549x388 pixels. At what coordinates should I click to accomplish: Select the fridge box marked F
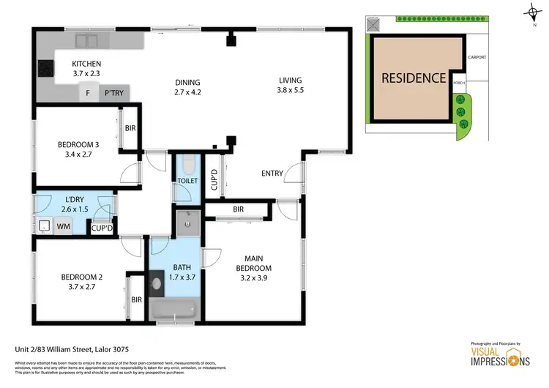88,93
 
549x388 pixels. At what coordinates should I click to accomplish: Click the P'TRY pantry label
113,93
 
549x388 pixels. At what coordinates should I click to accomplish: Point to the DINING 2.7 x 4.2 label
187,87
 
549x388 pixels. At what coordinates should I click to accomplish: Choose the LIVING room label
290,86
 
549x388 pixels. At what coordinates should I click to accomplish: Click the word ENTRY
273,174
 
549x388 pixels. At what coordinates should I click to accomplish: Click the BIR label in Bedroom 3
130,127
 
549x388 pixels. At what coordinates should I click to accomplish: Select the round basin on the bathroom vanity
158,280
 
